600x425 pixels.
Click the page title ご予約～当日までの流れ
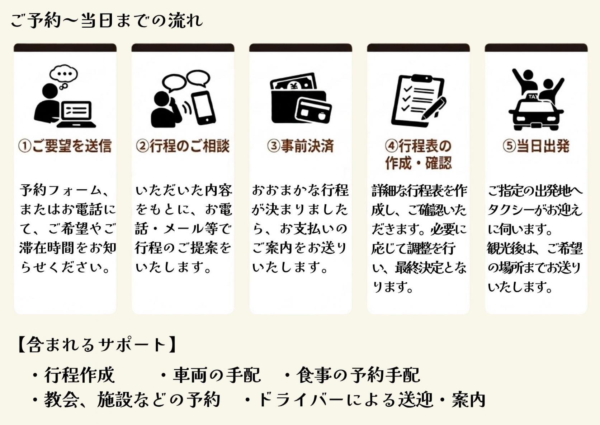(107, 20)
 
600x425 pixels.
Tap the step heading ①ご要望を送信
(65, 146)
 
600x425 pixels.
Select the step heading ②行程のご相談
(183, 146)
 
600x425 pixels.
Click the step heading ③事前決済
(301, 146)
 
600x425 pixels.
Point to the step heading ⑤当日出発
(536, 146)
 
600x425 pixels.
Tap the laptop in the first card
(77, 114)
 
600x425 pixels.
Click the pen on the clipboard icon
(434, 108)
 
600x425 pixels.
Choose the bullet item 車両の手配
(210, 375)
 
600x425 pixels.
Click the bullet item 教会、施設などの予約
(126, 399)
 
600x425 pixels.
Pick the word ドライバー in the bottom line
(300, 399)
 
